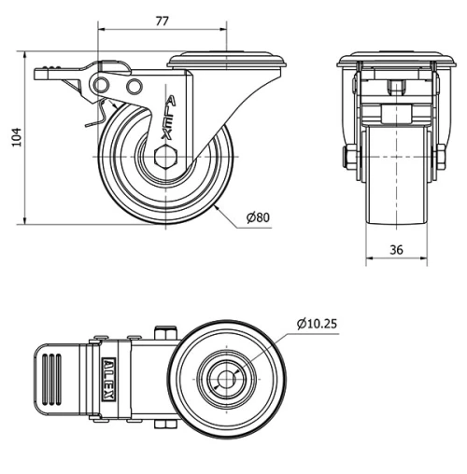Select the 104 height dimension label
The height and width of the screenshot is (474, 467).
[x=14, y=138]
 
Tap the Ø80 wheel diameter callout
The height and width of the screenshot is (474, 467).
[x=258, y=217]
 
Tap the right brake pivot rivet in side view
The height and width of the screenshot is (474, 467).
[x=134, y=87]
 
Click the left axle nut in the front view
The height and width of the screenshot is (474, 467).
[x=350, y=158]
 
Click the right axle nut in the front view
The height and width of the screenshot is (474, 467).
[x=439, y=158]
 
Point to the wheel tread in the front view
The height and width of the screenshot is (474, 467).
[x=394, y=187]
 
